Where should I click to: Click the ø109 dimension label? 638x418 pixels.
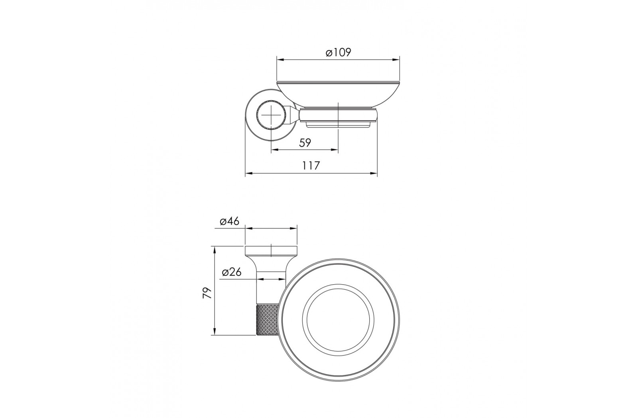pos(339,52)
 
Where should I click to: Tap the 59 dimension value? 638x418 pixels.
pos(305,143)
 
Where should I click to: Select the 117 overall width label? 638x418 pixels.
pos(311,166)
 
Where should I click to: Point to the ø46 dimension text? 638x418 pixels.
pos(230,221)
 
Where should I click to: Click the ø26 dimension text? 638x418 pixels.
pos(232,272)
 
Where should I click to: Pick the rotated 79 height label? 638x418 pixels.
pos(207,293)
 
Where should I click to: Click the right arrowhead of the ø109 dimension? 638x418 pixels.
pos(396,59)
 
